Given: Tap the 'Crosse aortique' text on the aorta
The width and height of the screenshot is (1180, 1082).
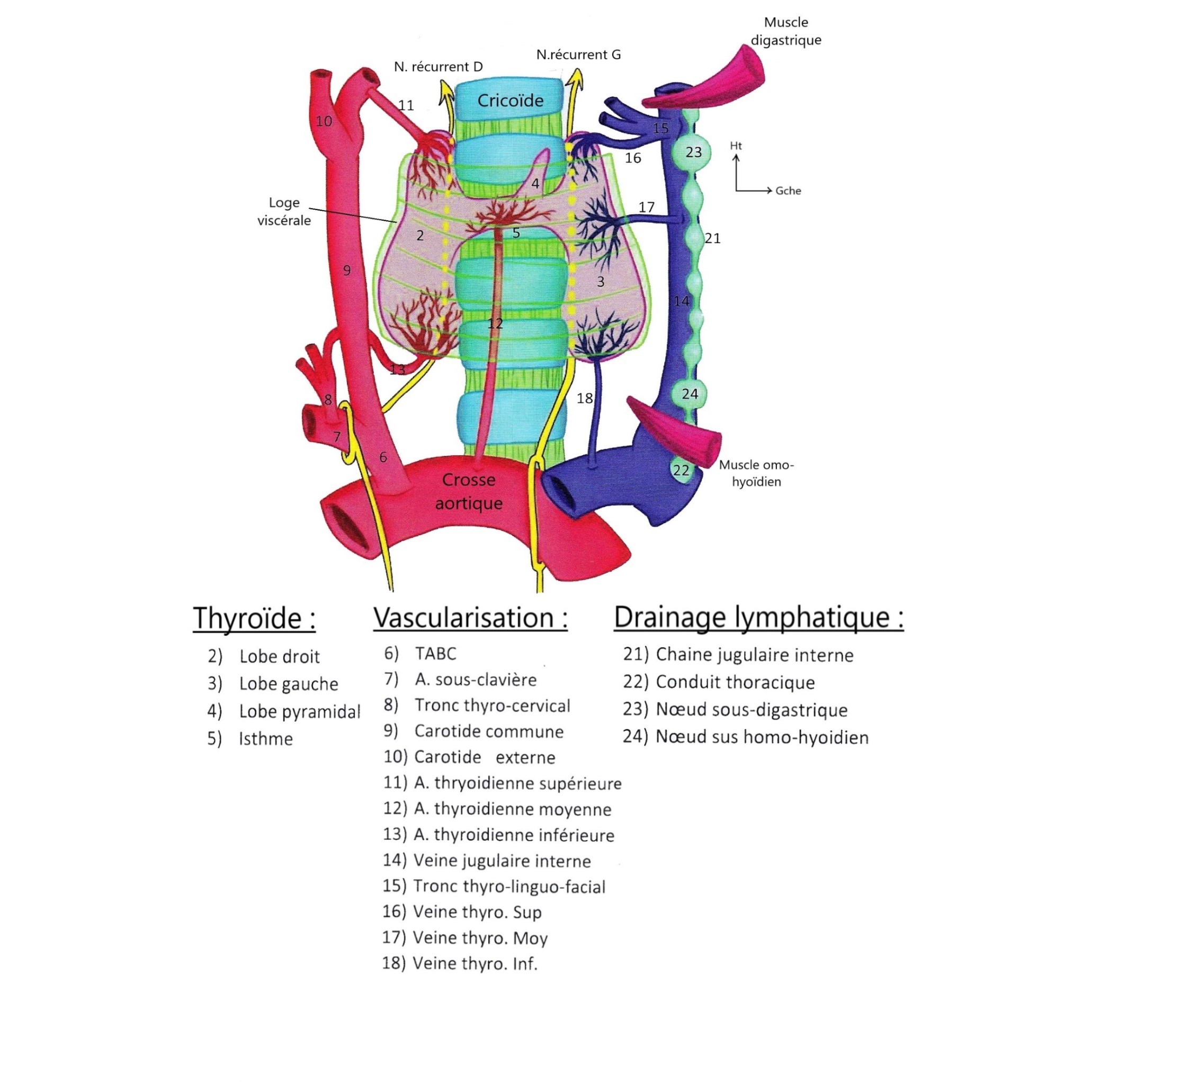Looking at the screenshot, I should tap(469, 491).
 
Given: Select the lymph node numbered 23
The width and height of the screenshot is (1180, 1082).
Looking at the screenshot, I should tap(693, 152).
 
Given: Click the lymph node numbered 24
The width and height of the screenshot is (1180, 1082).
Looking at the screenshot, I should tap(690, 393).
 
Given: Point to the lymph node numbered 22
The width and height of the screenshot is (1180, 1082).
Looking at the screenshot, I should tap(681, 470).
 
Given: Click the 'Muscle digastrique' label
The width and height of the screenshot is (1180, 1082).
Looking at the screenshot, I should tap(785, 31).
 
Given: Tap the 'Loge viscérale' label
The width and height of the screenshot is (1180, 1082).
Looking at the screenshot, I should tap(284, 211).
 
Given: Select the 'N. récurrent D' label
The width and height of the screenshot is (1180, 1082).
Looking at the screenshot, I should tap(438, 67).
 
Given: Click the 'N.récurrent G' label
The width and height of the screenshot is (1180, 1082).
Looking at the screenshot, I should tap(578, 55).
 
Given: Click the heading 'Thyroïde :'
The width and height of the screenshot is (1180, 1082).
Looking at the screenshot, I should tap(254, 618).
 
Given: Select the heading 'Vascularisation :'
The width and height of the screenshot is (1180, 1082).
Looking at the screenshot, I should tap(470, 618).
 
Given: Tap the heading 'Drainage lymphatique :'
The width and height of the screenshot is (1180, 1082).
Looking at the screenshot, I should tap(758, 618).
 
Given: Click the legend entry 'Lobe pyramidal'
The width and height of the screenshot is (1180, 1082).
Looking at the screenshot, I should tap(299, 711).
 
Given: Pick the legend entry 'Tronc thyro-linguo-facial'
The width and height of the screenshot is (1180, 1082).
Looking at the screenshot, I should tap(509, 887).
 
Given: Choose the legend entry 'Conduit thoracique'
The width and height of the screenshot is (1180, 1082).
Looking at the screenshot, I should tap(735, 682).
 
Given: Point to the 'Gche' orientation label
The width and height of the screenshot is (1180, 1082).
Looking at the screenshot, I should tap(788, 191).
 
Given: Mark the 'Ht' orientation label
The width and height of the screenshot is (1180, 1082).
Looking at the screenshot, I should tap(736, 146).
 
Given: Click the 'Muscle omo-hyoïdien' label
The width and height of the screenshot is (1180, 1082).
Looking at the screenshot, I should tap(756, 473).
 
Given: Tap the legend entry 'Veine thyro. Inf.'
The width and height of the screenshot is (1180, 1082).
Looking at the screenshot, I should tap(475, 964).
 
